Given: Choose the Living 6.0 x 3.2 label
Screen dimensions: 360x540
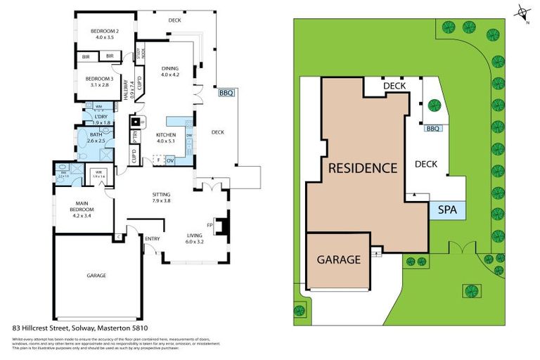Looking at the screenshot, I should (x=194, y=238).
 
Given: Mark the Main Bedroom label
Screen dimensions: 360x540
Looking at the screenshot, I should (x=86, y=207).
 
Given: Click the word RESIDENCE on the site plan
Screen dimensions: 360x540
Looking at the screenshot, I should (x=362, y=168).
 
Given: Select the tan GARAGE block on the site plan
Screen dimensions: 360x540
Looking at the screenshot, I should (x=338, y=259).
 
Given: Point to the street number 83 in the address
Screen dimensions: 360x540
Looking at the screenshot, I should (x=16, y=328).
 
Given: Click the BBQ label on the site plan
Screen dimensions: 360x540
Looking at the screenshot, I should (x=432, y=129).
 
